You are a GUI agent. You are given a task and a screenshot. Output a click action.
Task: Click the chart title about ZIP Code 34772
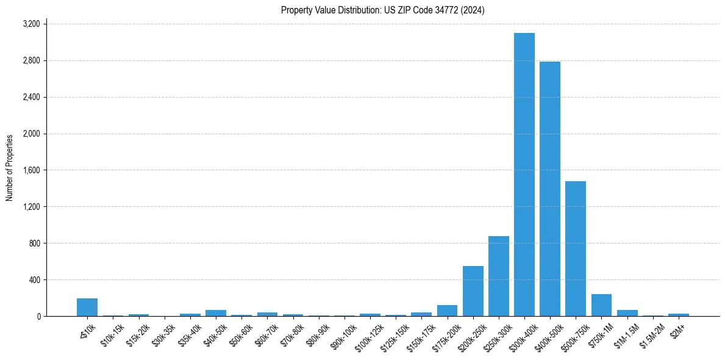382,10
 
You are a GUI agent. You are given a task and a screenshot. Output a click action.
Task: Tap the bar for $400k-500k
550,189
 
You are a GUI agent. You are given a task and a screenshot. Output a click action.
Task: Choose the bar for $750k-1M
601,305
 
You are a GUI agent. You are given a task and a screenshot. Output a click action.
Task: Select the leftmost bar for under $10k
87,307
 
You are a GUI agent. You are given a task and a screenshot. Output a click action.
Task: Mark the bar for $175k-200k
447,311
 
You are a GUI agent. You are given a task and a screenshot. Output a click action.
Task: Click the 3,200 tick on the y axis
31,24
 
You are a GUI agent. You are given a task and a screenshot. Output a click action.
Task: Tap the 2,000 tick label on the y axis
31,134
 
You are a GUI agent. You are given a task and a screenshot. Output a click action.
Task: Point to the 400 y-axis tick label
34,280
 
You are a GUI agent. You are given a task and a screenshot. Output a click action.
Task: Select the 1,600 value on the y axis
31,170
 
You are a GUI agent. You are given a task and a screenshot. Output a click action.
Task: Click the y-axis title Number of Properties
10,168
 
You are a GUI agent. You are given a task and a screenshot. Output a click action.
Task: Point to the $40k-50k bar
216,313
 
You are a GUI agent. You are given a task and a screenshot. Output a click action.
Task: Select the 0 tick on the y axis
38,317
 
